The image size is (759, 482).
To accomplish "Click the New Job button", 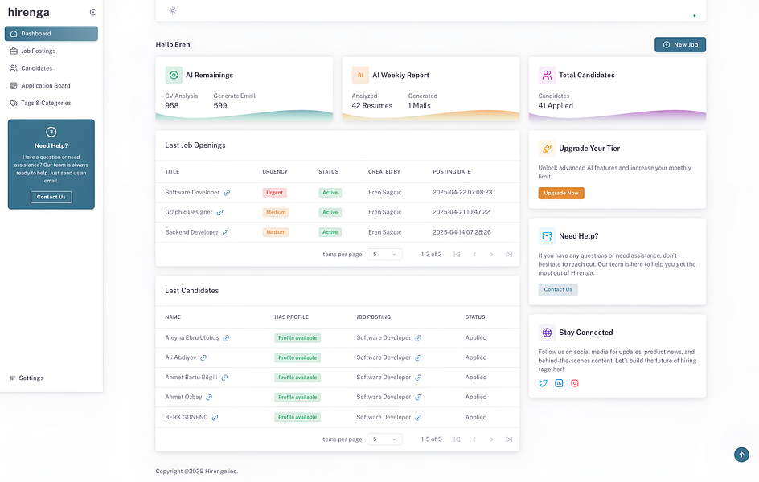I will pos(680,45).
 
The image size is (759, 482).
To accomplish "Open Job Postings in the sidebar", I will pos(38,51).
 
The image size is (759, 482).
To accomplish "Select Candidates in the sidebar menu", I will pos(36,68).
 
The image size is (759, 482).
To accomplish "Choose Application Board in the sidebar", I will pos(45,86).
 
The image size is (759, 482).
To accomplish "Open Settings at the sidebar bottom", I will pos(31,378).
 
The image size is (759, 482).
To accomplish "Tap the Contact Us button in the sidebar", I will pos(51,197).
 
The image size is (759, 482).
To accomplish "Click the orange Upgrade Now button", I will pos(561,193).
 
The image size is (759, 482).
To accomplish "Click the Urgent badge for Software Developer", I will pos(274,193).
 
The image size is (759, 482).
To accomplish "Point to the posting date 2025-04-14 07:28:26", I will pos(462,232).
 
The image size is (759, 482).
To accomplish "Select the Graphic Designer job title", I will pos(189,212).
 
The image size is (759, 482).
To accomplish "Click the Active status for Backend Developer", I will pos(330,232).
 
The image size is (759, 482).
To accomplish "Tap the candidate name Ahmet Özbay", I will pos(183,397).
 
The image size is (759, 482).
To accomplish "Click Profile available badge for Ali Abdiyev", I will pos(297,357).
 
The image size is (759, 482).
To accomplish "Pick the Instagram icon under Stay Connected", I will pos(575,383).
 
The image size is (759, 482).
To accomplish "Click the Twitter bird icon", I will pos(543,383).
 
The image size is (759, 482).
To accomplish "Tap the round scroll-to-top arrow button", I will pos(741,455).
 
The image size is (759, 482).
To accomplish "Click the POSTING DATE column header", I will pos(452,171).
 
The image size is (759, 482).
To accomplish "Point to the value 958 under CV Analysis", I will pos(172,105).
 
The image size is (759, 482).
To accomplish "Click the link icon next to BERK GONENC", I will pos(215,417).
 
